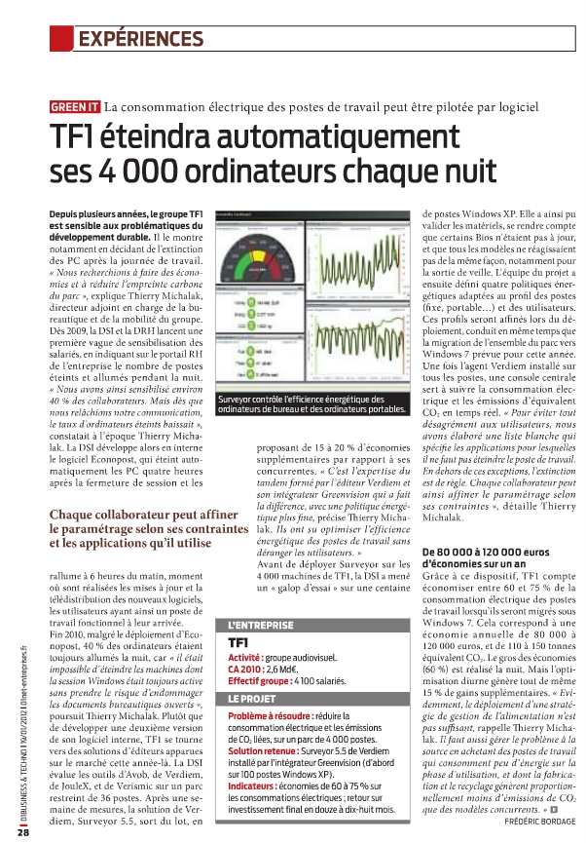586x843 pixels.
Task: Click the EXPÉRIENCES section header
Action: coord(140,39)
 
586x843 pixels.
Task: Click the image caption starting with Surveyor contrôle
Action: coord(311,403)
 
